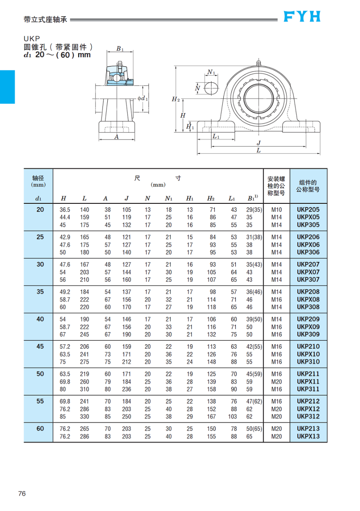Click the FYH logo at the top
(x=302, y=16)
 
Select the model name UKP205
(x=308, y=210)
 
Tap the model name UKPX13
(x=308, y=436)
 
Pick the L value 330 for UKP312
(x=84, y=416)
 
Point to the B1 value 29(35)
(x=254, y=210)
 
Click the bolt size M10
(x=276, y=210)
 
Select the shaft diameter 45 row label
(x=40, y=346)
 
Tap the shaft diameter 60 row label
(x=40, y=428)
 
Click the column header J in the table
(x=127, y=198)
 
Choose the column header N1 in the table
(x=168, y=198)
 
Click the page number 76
(x=22, y=493)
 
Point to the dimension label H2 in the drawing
(x=176, y=99)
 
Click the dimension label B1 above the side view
(x=119, y=49)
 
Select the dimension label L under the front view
(x=258, y=150)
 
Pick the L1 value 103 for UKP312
(x=233, y=416)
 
